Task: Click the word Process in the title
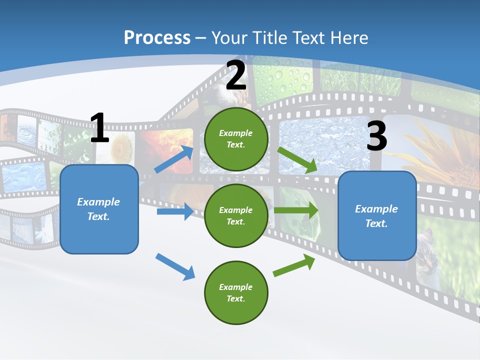coord(157,37)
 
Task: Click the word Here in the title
coord(348,37)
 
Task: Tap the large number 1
coord(99,128)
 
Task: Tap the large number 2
coord(236,75)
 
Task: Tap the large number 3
coord(376,136)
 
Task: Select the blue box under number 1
coord(99,209)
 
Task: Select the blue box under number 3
coord(377,215)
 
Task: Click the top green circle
coord(236,139)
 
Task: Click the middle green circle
coord(236,215)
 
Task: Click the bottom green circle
coord(236,292)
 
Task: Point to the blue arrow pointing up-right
coord(174,159)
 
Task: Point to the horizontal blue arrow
coord(175,211)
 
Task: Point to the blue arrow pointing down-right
coord(175,266)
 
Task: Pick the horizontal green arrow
coord(296,210)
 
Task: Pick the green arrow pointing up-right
coord(294,265)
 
